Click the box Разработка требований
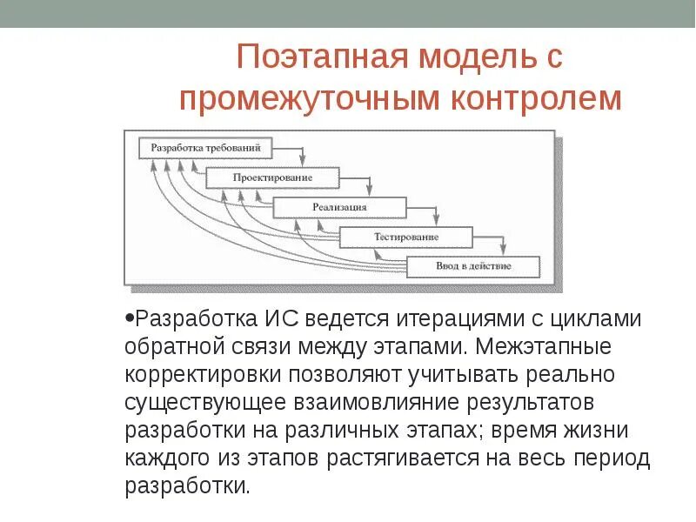205,148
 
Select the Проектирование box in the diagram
272,177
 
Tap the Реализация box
339,207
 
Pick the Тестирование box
406,236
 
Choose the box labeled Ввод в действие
473,265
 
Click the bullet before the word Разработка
129,318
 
